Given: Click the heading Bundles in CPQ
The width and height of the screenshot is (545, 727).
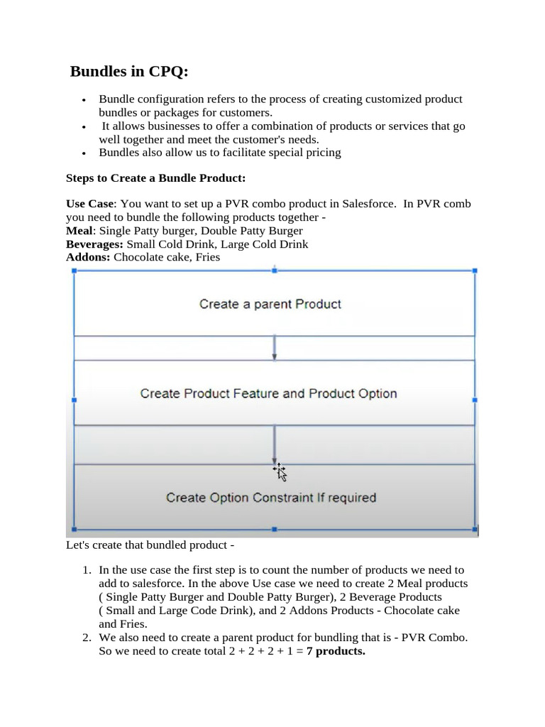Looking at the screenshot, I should [130, 72].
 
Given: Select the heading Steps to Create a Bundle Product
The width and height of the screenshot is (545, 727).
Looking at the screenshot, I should [155, 177].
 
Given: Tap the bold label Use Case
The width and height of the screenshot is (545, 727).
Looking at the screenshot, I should [89, 204].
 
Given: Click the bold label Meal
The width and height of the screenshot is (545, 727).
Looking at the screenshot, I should [78, 231].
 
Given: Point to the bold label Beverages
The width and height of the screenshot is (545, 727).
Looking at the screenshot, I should [94, 244].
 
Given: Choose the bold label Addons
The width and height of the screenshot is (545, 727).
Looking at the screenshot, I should [88, 257].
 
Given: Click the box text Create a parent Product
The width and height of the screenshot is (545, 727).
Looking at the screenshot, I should [270, 304].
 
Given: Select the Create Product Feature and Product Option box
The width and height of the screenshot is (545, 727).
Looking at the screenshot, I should [268, 393].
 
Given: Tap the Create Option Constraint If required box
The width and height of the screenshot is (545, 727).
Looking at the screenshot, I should [271, 498].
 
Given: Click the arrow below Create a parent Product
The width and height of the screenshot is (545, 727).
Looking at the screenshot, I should [275, 348].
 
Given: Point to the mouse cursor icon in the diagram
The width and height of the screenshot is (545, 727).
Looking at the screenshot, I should [280, 472].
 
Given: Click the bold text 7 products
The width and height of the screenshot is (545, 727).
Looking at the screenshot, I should [336, 651].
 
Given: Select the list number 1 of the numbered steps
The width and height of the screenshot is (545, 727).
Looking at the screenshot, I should [87, 570].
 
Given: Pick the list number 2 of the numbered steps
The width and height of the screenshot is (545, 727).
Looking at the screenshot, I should [87, 638].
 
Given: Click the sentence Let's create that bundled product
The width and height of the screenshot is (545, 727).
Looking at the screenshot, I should [149, 545].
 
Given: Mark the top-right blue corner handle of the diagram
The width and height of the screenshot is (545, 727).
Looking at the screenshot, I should [475, 270].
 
